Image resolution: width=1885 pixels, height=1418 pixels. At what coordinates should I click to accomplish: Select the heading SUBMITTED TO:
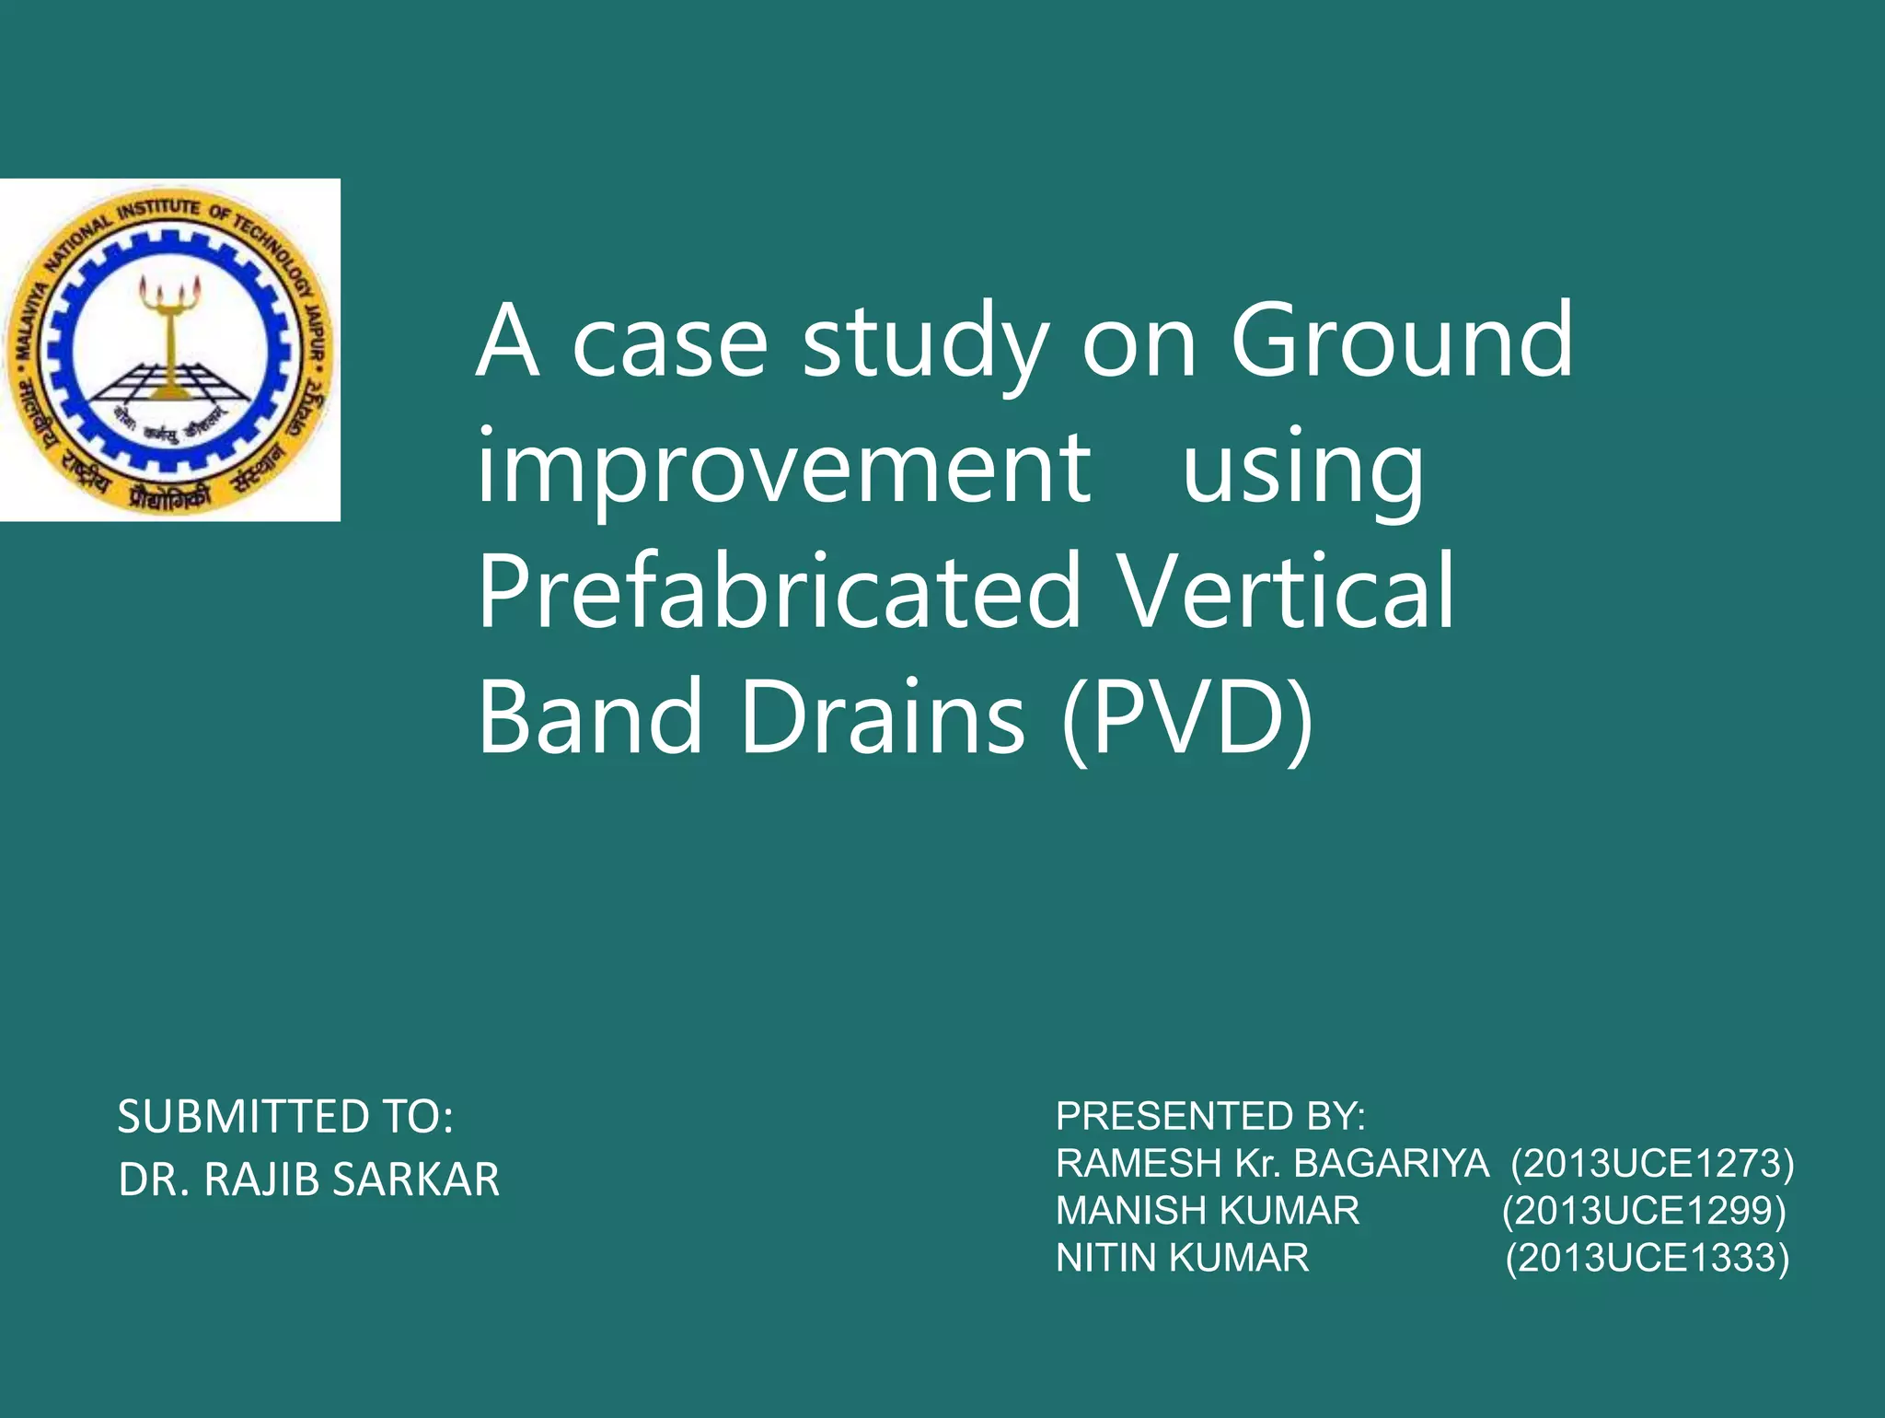(x=285, y=1117)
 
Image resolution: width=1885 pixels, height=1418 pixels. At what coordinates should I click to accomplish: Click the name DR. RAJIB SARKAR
(x=308, y=1180)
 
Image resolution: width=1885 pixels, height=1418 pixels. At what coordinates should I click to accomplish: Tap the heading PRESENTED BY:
(x=1210, y=1116)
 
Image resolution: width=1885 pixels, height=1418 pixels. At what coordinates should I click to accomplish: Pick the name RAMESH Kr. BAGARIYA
(x=1272, y=1164)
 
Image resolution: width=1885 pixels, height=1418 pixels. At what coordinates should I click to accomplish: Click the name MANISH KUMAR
(x=1208, y=1211)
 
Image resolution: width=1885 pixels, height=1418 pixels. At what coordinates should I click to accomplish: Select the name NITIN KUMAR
(x=1182, y=1258)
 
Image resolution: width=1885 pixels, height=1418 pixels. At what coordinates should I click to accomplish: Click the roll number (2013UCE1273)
(x=1652, y=1164)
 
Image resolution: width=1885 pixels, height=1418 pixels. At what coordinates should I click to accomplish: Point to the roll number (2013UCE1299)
(x=1644, y=1211)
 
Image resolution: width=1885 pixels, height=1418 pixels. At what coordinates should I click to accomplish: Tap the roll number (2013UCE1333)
(x=1648, y=1258)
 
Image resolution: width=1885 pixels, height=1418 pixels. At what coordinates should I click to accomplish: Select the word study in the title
(x=925, y=343)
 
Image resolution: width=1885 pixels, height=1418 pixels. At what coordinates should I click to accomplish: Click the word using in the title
(x=1302, y=470)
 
